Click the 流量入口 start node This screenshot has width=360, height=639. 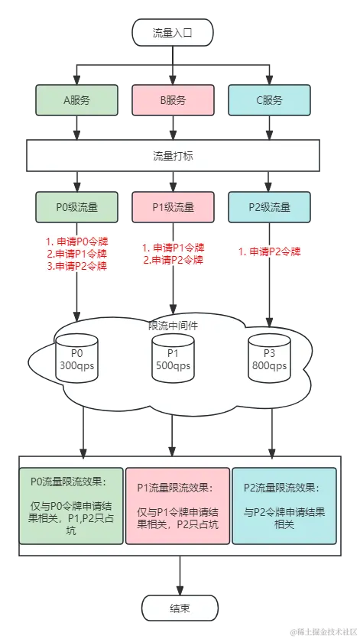173,34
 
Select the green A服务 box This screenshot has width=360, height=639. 76,99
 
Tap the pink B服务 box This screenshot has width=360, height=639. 173,99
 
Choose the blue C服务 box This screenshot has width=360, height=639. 269,99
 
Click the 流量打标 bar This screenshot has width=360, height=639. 173,155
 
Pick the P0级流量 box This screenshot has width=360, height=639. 76,206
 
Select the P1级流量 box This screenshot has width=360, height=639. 173,206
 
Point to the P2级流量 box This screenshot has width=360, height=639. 269,206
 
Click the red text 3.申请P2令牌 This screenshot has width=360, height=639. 77,266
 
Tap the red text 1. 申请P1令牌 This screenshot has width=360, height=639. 174,247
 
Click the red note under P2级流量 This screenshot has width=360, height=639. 270,251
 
